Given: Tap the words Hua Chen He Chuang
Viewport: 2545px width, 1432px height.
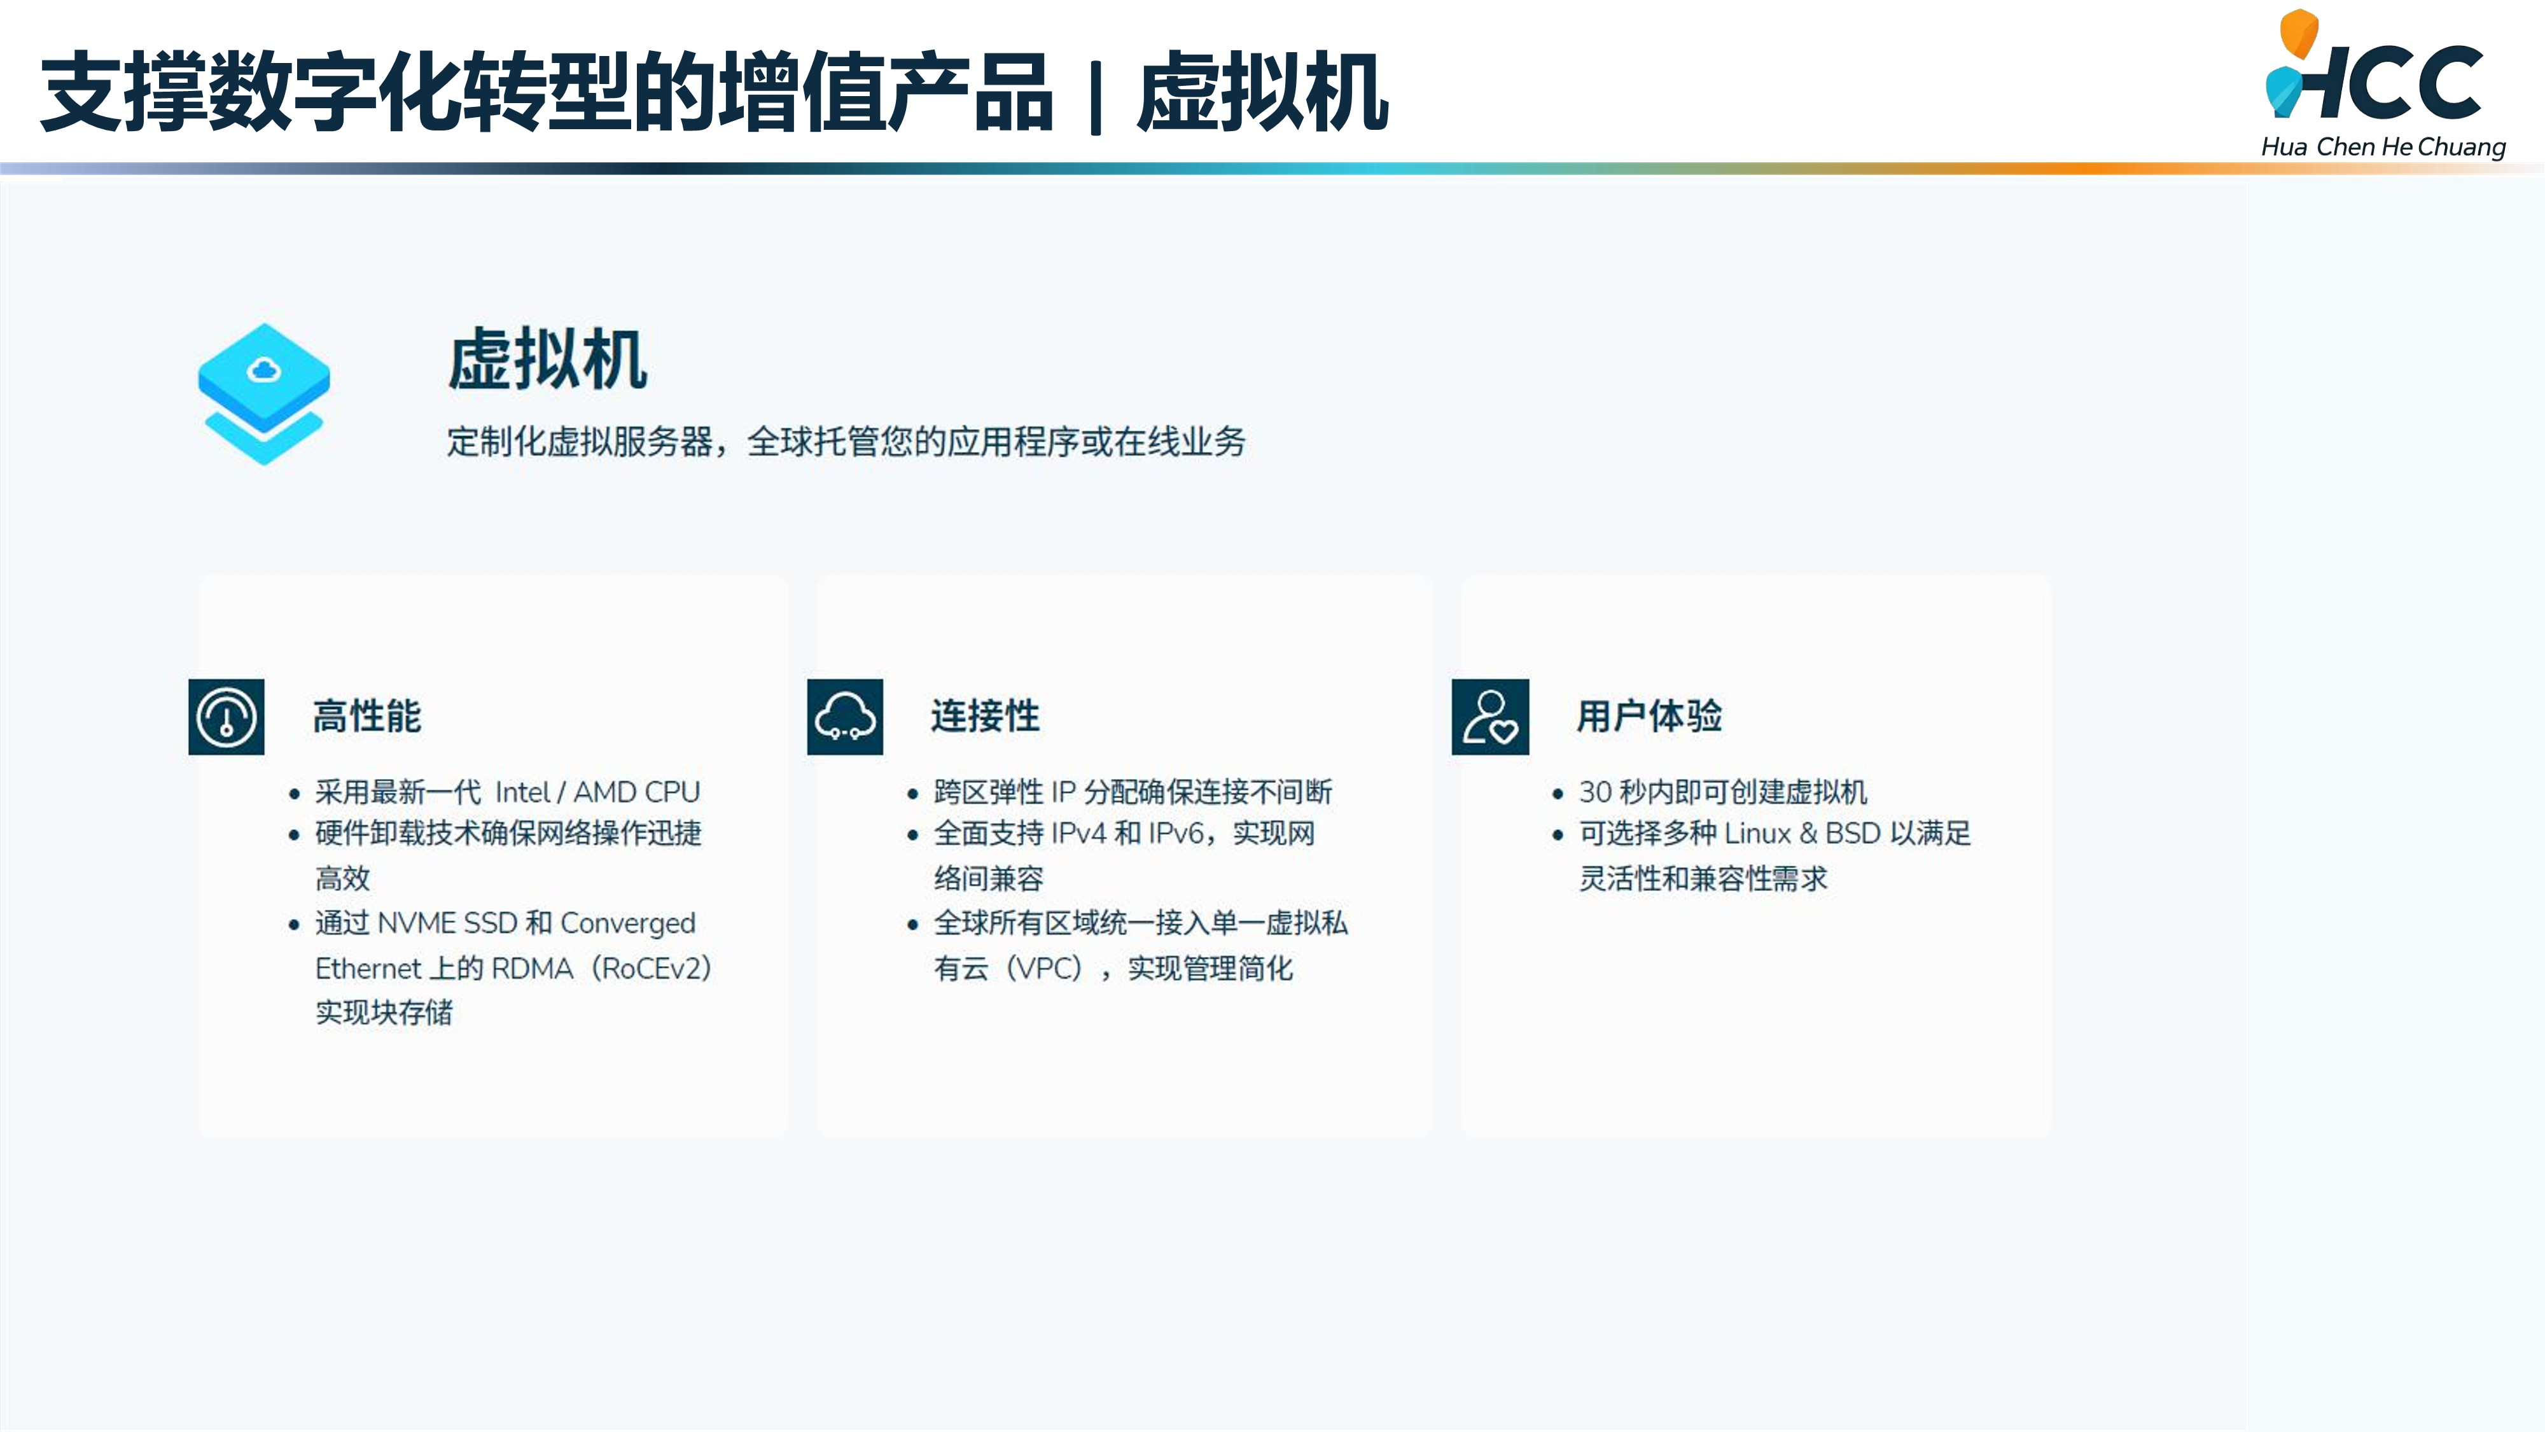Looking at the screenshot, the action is pos(2383,147).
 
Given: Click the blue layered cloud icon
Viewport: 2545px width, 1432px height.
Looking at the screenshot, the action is pos(264,393).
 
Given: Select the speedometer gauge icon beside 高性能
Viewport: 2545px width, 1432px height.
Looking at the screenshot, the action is pos(227,717).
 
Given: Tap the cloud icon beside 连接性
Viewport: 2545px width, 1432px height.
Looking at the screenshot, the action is pos(845,717).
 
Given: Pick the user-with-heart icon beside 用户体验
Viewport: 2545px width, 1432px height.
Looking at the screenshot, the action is pos(1490,717).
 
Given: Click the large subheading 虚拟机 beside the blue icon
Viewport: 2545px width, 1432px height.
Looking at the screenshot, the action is pos(547,359).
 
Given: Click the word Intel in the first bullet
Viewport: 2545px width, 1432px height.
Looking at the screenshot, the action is pos(522,792).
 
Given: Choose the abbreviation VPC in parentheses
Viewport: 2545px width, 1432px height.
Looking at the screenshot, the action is pos(1049,969).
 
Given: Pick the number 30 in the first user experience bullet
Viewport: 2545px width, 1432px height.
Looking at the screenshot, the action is pos(1594,792).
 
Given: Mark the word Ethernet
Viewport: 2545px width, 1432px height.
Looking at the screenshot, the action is pos(368,969).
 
